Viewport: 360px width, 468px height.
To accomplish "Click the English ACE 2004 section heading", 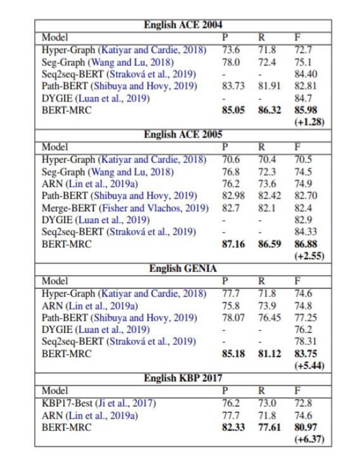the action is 183,25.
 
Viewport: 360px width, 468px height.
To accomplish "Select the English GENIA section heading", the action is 183,268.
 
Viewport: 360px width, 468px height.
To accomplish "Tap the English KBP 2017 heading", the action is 183,378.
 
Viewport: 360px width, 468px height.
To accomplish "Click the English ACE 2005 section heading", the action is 183,134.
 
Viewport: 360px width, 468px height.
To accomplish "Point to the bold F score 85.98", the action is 305,110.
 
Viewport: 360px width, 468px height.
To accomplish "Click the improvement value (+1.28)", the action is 309,122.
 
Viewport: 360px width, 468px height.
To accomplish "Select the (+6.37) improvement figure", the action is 309,439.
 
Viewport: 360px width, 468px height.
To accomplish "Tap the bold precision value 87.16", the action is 233,244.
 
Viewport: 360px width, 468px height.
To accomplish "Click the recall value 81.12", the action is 269,354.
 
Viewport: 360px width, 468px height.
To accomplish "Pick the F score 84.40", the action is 305,74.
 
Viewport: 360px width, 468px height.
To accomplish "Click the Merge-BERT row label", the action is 69,208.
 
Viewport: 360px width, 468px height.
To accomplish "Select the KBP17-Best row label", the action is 67,403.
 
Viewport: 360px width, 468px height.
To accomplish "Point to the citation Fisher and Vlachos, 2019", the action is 154,208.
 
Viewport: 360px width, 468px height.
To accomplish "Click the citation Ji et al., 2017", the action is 125,403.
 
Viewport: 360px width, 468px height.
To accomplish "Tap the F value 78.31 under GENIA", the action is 305,341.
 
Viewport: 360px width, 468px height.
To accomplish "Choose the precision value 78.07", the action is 233,318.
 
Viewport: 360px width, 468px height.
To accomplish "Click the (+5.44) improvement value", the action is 309,366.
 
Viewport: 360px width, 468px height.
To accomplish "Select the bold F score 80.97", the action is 305,427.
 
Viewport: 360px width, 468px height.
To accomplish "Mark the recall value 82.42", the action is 269,196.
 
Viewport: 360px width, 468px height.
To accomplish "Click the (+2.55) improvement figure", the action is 309,256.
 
